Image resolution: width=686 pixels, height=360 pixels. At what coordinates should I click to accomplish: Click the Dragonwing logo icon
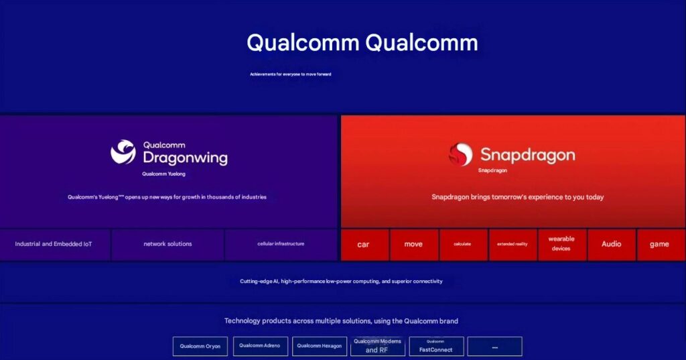[x=123, y=152]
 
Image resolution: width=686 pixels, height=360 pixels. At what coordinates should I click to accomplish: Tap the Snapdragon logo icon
[x=460, y=154]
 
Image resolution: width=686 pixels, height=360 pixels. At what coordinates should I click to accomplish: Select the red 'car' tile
[x=364, y=245]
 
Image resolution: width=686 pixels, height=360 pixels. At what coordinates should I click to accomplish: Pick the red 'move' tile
[x=413, y=245]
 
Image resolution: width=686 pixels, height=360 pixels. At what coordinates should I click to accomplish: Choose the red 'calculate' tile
[x=463, y=245]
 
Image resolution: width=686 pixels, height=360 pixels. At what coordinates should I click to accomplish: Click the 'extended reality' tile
[x=512, y=245]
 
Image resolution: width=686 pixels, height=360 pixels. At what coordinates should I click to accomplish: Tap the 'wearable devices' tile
[x=561, y=244]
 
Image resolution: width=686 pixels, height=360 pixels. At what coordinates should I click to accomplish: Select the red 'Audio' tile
[x=611, y=245]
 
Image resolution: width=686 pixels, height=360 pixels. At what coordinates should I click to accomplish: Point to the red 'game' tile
[x=660, y=245]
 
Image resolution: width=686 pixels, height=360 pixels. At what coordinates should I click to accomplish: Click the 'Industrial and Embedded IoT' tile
[x=54, y=244]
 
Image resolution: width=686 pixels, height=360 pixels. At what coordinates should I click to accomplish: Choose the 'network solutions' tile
[x=167, y=244]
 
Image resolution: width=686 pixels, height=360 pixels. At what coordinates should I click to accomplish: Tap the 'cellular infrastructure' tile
[x=281, y=244]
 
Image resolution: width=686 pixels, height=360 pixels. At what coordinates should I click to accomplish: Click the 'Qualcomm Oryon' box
[x=200, y=347]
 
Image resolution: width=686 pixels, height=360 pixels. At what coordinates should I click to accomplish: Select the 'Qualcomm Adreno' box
[x=260, y=346]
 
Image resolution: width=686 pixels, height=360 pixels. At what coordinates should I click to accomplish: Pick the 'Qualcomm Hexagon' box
[x=320, y=346]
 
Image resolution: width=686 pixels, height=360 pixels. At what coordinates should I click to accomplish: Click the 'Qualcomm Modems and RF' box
[x=377, y=346]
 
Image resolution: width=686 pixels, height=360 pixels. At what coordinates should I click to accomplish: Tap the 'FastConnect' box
[x=436, y=347]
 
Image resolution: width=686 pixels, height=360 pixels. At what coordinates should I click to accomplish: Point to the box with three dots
[x=494, y=347]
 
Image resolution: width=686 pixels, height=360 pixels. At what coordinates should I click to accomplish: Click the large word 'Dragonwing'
[x=186, y=158]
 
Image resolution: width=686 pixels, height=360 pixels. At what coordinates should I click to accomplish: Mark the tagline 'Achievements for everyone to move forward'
[x=291, y=74]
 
